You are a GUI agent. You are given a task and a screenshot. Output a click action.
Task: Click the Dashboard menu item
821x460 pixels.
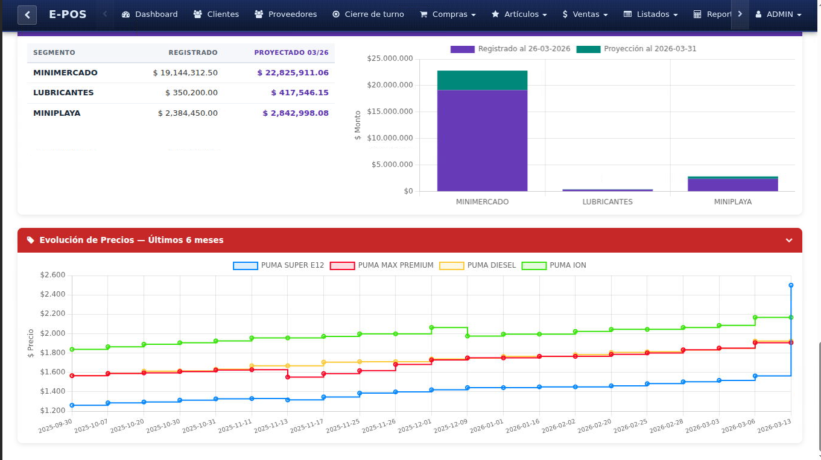[x=150, y=14]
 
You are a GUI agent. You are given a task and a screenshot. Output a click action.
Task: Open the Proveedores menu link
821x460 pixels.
[x=286, y=14]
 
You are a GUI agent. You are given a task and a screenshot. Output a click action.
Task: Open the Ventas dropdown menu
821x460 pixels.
[x=585, y=14]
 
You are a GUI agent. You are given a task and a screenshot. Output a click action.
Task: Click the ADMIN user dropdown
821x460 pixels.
[x=779, y=14]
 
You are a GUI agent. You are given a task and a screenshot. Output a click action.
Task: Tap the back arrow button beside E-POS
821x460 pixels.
[x=27, y=14]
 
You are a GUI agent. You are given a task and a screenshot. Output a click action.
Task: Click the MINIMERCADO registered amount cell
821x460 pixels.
[x=185, y=73]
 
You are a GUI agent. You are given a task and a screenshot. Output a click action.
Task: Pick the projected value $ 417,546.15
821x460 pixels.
[x=299, y=93]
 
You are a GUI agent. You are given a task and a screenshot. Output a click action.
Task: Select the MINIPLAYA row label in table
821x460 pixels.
[x=57, y=113]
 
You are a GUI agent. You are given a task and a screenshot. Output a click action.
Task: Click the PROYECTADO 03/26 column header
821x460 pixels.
[x=291, y=52]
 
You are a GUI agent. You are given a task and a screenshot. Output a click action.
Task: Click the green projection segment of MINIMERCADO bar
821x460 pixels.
[x=482, y=80]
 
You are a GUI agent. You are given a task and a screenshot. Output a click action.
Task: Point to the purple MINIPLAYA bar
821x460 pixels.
[x=732, y=185]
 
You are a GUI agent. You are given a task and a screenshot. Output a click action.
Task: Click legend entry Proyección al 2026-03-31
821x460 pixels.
[x=637, y=49]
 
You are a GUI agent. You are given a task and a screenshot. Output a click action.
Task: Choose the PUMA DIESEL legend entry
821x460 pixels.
[x=478, y=265]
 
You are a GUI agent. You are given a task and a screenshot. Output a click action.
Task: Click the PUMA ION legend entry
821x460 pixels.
[x=554, y=265]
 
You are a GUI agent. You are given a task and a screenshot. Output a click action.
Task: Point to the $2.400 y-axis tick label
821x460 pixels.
[x=52, y=294]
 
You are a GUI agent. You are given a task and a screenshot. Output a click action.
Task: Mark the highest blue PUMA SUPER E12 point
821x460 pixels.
[x=791, y=285]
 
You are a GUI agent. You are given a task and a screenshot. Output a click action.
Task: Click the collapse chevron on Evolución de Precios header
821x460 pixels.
[x=788, y=241]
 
